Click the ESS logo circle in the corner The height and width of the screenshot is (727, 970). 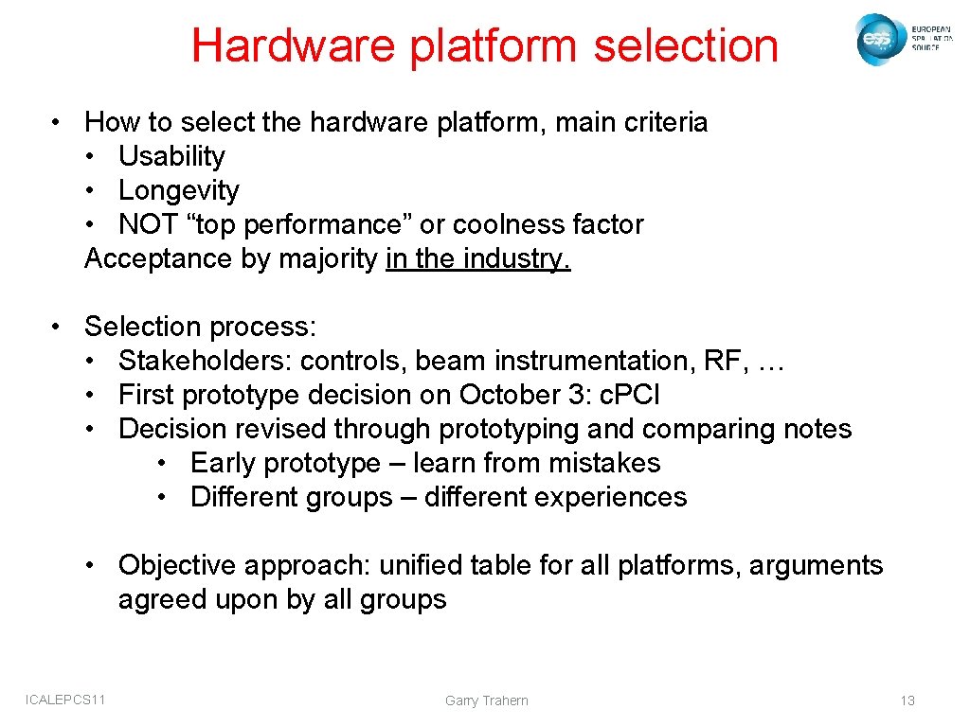pos(876,39)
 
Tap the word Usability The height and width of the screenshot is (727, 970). pos(171,156)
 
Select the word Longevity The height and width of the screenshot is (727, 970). pos(178,190)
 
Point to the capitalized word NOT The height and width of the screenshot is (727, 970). pos(149,224)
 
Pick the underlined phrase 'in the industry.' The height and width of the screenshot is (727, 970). pos(478,258)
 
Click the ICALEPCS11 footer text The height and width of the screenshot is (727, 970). pos(65,700)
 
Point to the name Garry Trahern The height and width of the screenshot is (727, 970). pos(486,700)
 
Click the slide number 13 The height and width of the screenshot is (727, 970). pos(907,700)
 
